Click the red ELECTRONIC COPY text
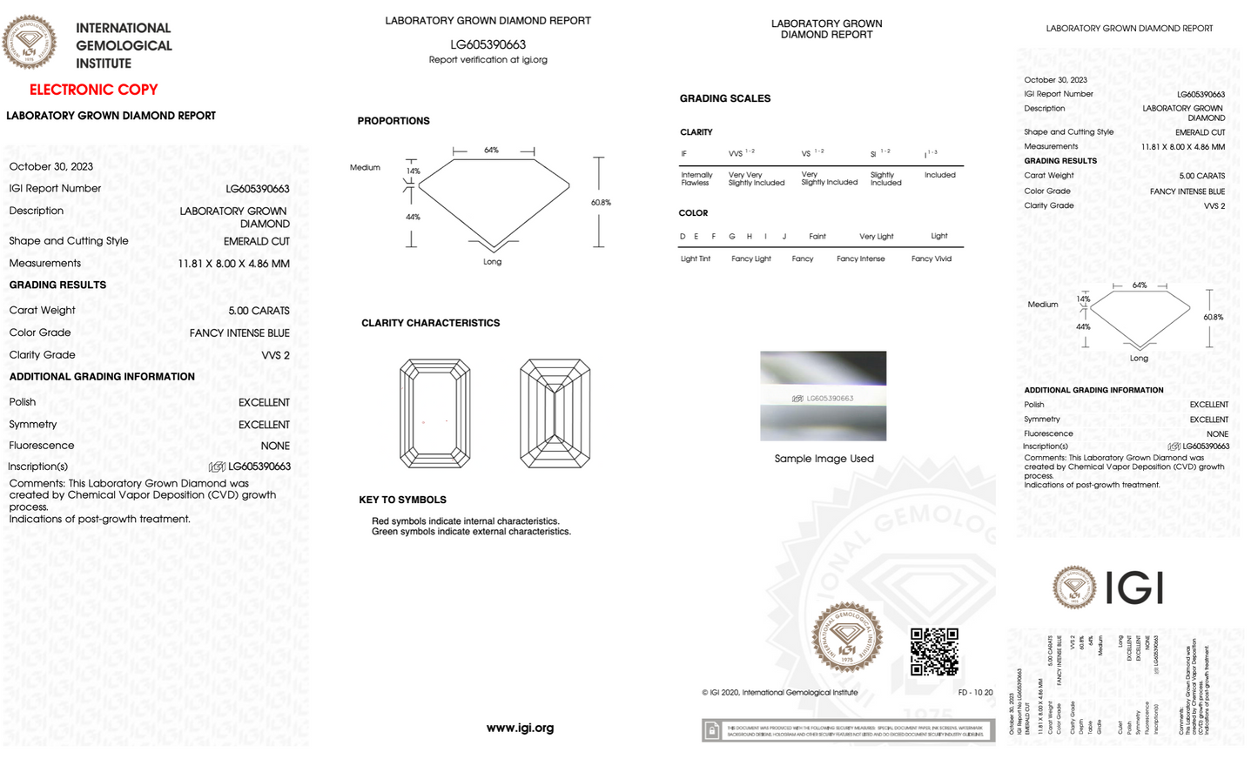94,90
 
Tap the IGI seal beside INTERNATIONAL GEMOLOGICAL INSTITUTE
30,42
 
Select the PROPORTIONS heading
394,121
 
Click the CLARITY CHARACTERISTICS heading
431,323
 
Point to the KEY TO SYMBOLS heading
402,500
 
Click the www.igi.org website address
520,728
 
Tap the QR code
934,652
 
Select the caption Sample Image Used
824,459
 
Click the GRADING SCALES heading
725,98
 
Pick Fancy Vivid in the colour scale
932,259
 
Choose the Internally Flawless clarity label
696,178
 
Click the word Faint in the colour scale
817,236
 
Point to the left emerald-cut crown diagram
435,413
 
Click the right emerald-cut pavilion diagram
555,413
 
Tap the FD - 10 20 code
975,693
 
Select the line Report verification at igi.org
488,60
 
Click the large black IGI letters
1134,588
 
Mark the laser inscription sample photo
823,396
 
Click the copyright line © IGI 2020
780,693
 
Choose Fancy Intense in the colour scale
860,259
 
